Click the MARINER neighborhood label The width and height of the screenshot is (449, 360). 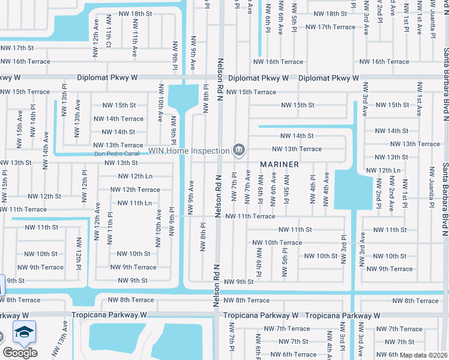point(279,164)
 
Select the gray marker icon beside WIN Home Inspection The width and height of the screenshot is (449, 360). point(239,149)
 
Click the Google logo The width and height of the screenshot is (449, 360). point(20,352)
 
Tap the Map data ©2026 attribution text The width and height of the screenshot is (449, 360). point(423,355)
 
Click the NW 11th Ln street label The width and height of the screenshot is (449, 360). point(134,203)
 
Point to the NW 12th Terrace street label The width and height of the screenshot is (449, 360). point(135,190)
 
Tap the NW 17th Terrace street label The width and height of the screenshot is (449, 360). point(331,27)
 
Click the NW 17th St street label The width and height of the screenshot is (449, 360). point(17,47)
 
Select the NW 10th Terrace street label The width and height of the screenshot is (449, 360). point(277,242)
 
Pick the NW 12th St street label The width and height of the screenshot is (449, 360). point(44,196)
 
